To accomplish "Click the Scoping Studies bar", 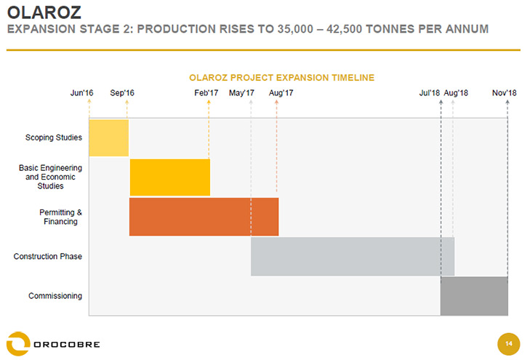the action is [x=108, y=137].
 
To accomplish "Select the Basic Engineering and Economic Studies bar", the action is [x=170, y=177].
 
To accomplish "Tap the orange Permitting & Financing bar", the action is [x=204, y=217].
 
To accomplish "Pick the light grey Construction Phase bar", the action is [x=353, y=257].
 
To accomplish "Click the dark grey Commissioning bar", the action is [x=474, y=296].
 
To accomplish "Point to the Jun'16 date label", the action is [x=81, y=93].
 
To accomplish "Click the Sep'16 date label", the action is [x=122, y=93].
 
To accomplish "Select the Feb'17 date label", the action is [x=206, y=93].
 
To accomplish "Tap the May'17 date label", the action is [x=241, y=93].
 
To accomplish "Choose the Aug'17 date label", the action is [x=281, y=93].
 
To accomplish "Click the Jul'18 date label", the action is [x=429, y=93].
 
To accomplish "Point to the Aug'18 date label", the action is [x=456, y=93].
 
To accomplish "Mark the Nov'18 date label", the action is [x=504, y=93].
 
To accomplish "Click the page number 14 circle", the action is [x=509, y=344].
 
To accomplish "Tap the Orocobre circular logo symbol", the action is [x=18, y=343].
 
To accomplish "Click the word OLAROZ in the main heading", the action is [x=44, y=12].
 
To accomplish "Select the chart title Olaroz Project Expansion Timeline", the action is [x=281, y=78].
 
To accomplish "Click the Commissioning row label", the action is [x=55, y=296].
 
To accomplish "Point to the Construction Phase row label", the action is [x=48, y=256].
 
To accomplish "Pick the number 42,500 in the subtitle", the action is [x=344, y=29].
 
